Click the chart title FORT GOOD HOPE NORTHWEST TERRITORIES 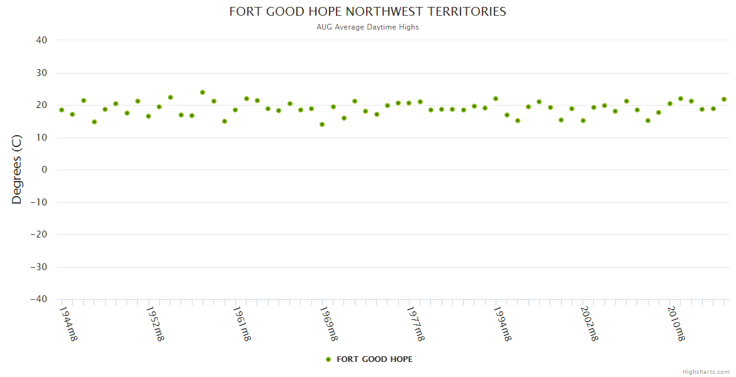367,11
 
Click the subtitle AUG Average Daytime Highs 367,27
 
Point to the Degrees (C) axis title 17,170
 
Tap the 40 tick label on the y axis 42,40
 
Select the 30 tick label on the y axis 42,73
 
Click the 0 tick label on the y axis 45,170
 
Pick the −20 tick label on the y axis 38,234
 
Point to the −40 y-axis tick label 38,299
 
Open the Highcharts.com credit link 706,372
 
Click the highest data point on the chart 203,92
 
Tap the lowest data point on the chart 322,124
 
